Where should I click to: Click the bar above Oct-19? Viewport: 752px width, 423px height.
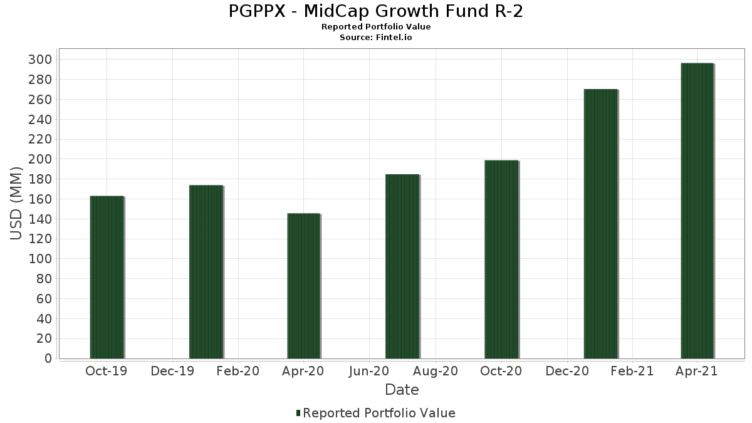[107, 277]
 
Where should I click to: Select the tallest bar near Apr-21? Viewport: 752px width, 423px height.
[697, 211]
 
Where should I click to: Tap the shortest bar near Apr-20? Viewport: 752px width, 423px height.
[303, 286]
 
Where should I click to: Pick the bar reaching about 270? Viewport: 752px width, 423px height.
[600, 224]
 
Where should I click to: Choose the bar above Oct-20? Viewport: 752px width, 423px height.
[501, 259]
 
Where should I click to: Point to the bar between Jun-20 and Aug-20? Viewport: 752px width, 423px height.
[402, 266]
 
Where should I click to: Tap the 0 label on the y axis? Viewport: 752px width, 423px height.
[48, 358]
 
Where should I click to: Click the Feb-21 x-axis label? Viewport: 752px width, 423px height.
[632, 371]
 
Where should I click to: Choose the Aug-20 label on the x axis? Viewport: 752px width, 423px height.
[435, 371]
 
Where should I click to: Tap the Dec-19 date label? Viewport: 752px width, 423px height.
[172, 371]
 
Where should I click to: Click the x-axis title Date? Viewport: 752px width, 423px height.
[402, 390]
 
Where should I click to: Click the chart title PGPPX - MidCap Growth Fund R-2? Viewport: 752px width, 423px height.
[376, 11]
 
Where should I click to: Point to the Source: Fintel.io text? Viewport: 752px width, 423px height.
[376, 37]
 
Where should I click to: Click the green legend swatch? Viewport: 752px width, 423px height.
[298, 413]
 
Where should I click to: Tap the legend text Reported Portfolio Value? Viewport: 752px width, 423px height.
[379, 413]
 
